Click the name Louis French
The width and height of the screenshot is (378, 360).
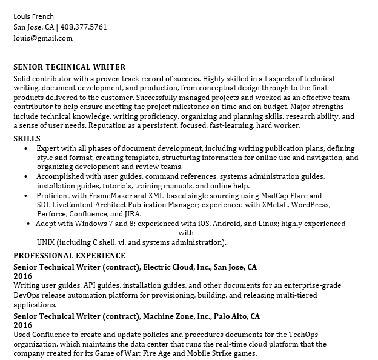tap(33, 16)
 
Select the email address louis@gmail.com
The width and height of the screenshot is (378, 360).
tap(43, 38)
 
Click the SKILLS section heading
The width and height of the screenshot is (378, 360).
tap(27, 139)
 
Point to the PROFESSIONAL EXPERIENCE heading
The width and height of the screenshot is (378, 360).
tap(69, 255)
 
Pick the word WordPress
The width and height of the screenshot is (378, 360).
tap(310, 205)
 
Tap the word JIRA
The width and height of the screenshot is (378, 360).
tap(131, 214)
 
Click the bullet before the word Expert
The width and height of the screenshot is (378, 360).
tap(25, 148)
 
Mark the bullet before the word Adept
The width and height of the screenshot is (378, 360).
tap(29, 224)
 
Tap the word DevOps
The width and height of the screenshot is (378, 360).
tap(26, 295)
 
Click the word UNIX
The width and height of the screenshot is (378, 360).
tap(47, 242)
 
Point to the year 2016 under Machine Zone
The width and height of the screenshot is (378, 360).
tap(22, 325)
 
